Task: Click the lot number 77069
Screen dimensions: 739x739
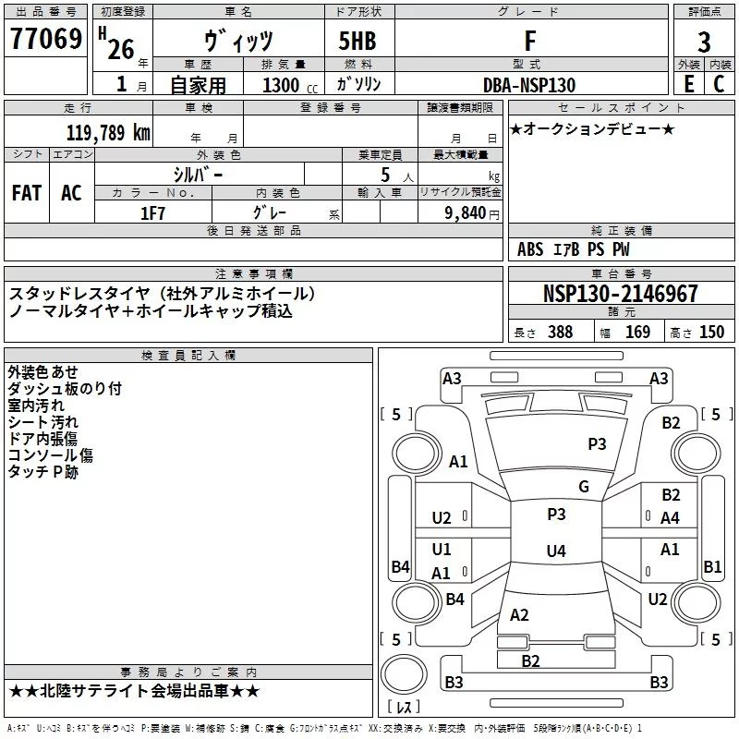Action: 46,40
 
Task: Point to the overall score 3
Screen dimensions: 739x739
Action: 704,42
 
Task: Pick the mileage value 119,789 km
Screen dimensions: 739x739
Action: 109,132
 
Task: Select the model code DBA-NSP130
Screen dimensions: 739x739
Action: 529,85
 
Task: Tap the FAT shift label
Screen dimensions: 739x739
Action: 26,192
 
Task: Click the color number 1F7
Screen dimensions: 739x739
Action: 152,212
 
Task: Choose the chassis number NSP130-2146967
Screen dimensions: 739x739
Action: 621,294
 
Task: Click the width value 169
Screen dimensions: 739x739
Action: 637,333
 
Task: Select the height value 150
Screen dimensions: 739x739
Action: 711,333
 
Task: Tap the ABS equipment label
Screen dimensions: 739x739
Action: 530,249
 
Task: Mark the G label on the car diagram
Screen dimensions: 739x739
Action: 583,487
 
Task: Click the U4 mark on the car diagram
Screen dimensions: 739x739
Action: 555,551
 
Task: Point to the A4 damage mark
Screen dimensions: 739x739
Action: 671,518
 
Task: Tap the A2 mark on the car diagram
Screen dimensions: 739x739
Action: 519,614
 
